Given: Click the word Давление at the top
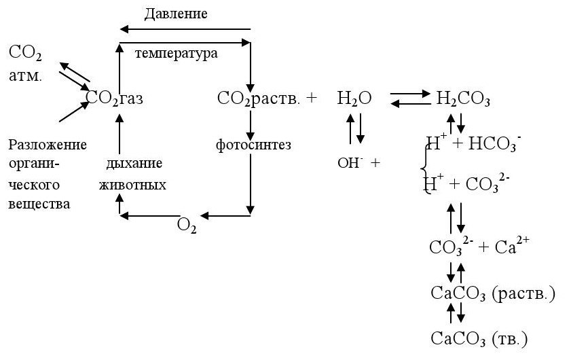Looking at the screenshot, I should coord(175,13).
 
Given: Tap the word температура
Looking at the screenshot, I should coord(177,53).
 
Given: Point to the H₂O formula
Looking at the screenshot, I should coord(354,98).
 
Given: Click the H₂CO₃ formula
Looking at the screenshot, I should coord(463,99).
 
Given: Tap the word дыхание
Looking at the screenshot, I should coord(134,164).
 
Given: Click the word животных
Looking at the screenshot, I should coord(132,185).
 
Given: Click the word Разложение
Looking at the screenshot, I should coord(48,145).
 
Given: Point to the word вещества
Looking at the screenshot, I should coord(39,204).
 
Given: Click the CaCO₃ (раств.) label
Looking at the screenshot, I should coord(494,293).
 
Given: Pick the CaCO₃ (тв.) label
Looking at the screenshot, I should coord(479,338).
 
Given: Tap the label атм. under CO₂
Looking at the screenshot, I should coord(25,76).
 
